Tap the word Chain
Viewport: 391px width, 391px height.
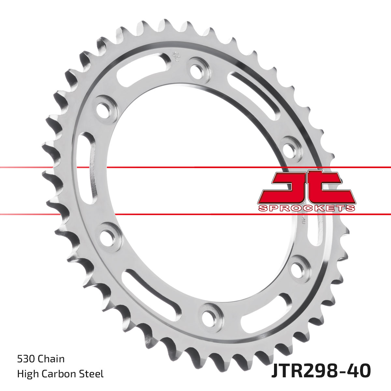pyautogui.click(x=51, y=359)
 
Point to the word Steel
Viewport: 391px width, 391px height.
pyautogui.click(x=93, y=374)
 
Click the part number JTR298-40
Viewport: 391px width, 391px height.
pyautogui.click(x=321, y=371)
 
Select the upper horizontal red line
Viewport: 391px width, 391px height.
pyautogui.click(x=195, y=167)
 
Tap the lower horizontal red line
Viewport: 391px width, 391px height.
pyautogui.click(x=195, y=214)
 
